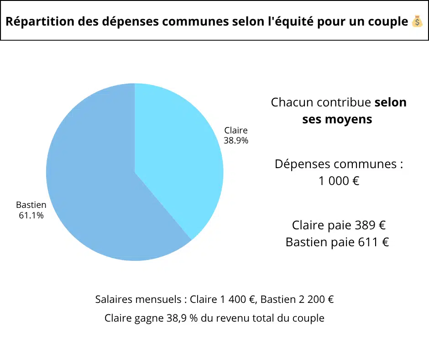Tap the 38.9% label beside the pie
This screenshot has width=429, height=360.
(x=236, y=141)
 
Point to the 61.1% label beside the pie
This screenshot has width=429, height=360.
(x=31, y=215)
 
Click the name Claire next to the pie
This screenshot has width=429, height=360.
(x=236, y=131)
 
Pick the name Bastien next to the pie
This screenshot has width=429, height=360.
(x=31, y=205)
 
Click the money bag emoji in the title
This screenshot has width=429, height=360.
(x=417, y=21)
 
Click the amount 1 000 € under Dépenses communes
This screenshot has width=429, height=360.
(x=339, y=181)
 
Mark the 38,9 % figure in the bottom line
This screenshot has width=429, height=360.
(x=183, y=318)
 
